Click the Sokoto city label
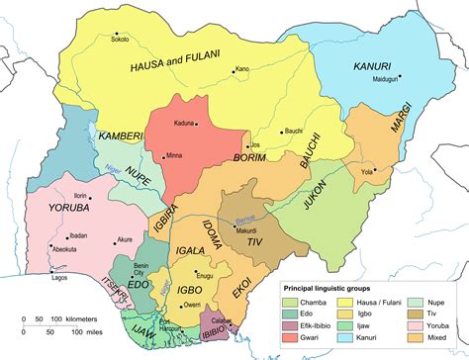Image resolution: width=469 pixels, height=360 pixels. (120, 42)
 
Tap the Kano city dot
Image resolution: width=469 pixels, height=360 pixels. (234, 70)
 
